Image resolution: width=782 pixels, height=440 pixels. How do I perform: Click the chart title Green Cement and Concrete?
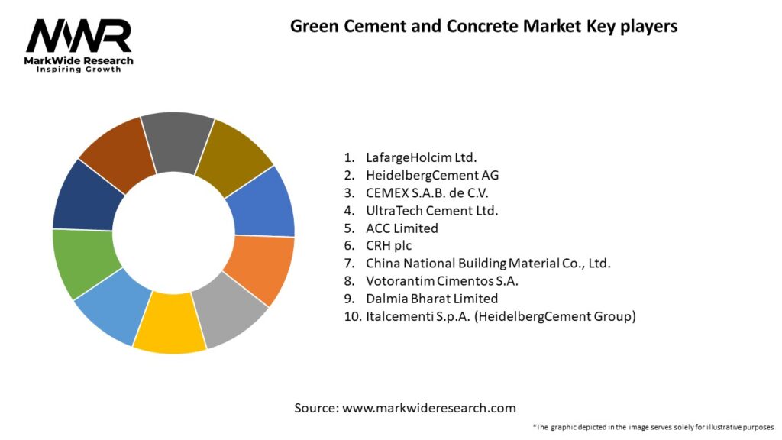click(483, 26)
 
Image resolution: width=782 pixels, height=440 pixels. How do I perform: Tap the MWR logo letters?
click(79, 36)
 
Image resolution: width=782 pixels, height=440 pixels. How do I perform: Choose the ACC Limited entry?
click(402, 228)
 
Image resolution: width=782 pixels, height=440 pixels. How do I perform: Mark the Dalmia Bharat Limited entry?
click(431, 298)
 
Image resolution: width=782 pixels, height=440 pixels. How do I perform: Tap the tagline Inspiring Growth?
click(79, 70)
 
